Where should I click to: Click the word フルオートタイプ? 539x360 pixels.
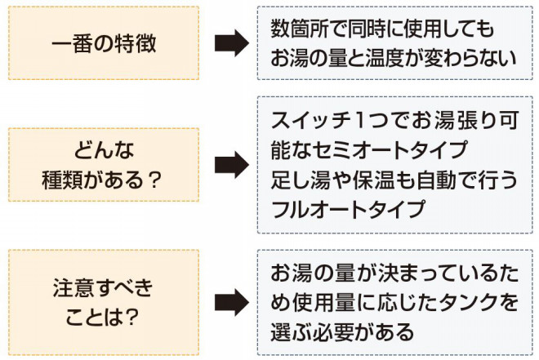click(347, 209)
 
